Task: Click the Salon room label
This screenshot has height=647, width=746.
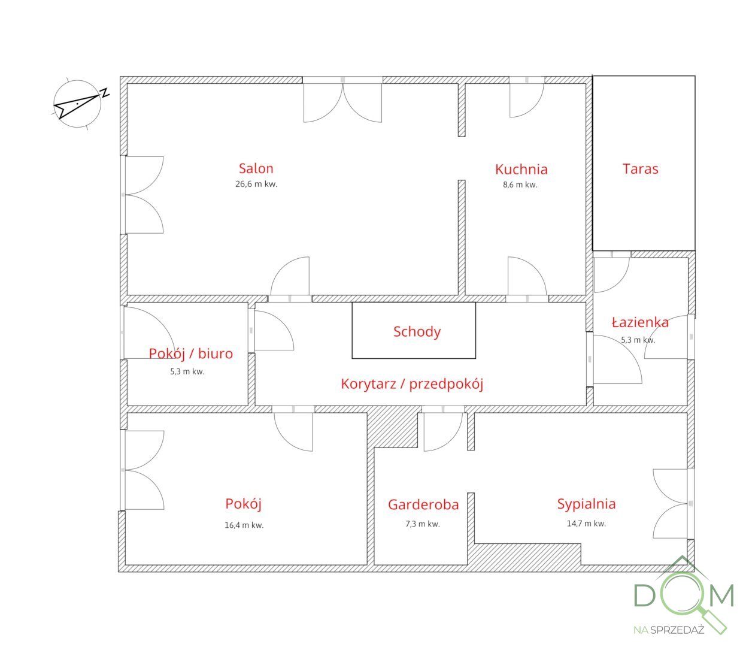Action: coord(256,168)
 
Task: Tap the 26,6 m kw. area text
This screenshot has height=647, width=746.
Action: coord(256,184)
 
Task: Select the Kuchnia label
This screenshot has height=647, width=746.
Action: coord(521,170)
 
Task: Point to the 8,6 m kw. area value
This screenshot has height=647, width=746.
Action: coord(520,185)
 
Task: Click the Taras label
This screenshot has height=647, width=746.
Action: coord(640,168)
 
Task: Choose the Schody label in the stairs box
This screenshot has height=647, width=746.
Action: coord(417,332)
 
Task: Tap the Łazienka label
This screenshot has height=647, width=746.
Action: coord(640,322)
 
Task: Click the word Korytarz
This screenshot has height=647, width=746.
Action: coord(368,383)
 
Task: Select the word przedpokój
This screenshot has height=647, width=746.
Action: coord(446,384)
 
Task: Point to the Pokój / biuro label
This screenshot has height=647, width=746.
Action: coord(191,353)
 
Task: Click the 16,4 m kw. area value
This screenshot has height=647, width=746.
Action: coord(244,525)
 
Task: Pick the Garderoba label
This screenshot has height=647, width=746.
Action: coord(423,504)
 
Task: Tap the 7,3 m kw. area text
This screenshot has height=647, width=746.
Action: coord(423,524)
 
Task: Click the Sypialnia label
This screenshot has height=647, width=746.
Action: coord(586,504)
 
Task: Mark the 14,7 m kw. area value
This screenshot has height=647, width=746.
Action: coord(586,523)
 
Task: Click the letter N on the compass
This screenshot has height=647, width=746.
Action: coord(105,92)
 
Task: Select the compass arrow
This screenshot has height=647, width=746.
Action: coord(77,107)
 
